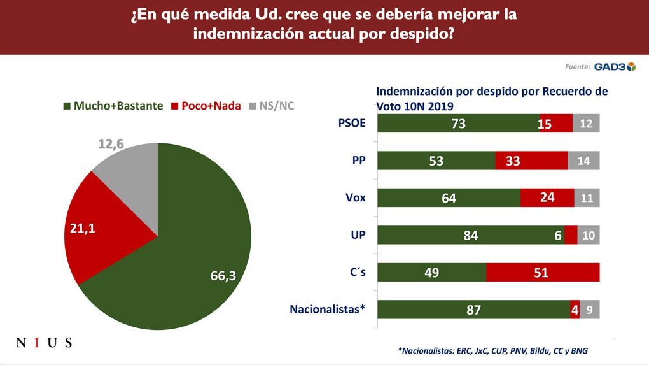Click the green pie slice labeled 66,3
click(191, 255)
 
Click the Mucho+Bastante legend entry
click(113, 106)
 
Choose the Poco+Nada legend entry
click(206, 106)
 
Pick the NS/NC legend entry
click(272, 106)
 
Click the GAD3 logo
click(615, 66)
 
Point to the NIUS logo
click(43, 343)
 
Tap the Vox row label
click(355, 197)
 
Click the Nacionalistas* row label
click(328, 310)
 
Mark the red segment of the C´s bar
click(543, 273)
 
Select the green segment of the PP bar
click(436, 161)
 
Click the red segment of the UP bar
click(571, 235)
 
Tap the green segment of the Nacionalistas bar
click(474, 310)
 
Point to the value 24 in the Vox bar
click(547, 198)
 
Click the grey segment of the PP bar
click(583, 161)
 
